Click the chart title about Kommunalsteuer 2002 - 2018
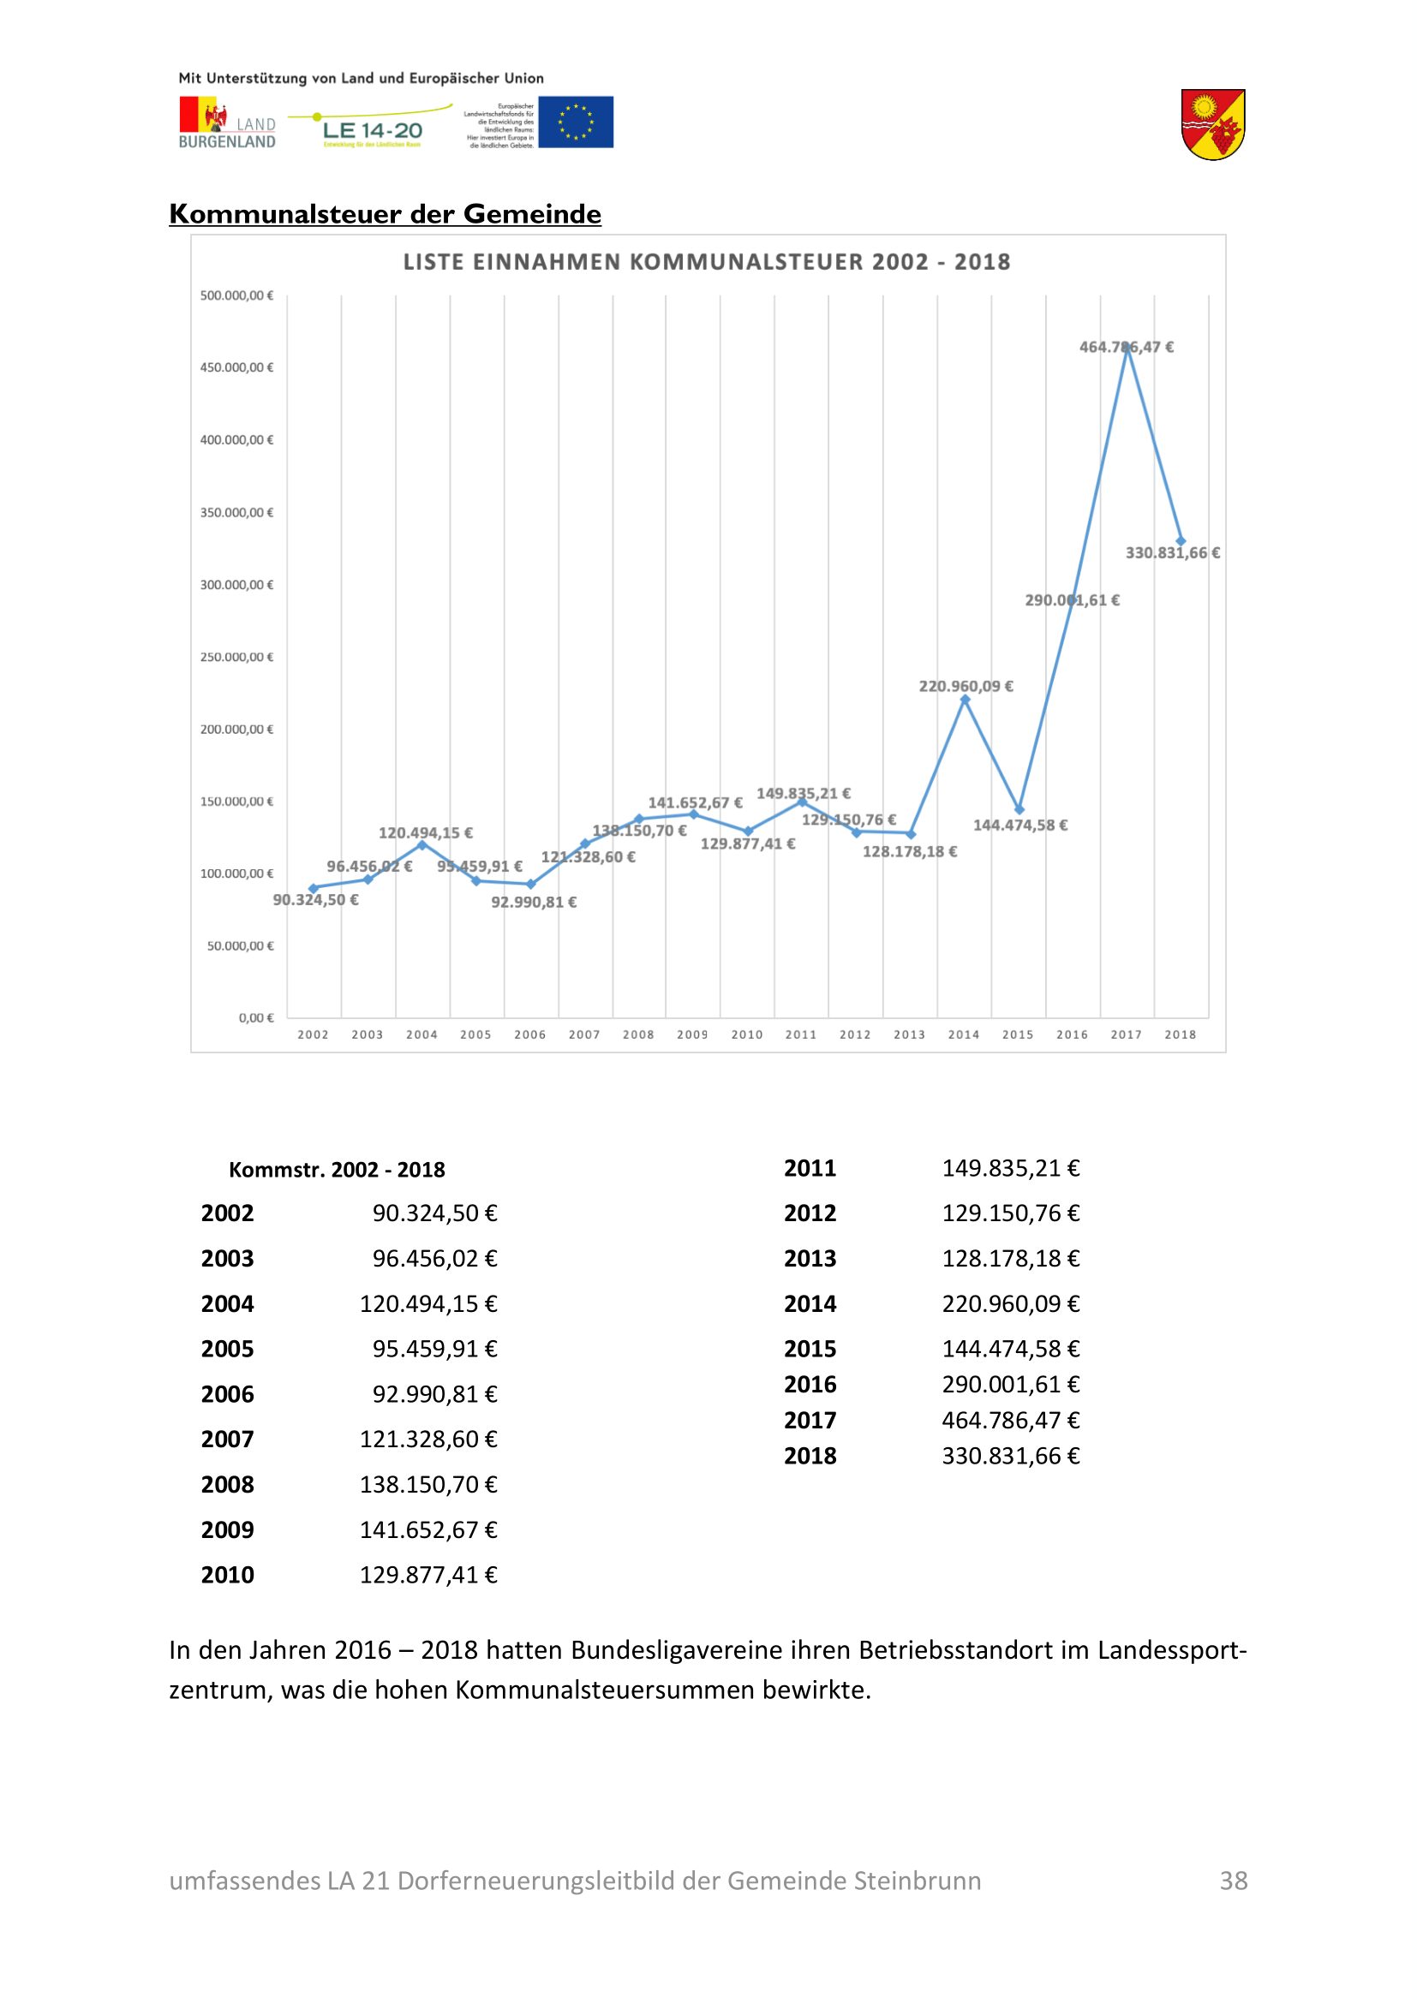pyautogui.click(x=706, y=262)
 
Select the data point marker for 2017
pyautogui.click(x=1127, y=347)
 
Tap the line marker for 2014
pyautogui.click(x=964, y=700)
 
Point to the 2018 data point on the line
pyautogui.click(x=1181, y=541)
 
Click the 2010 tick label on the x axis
pyautogui.click(x=747, y=1034)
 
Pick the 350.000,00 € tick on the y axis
pyautogui.click(x=236, y=512)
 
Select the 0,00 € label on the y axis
pyautogui.click(x=255, y=1017)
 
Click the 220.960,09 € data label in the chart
pyautogui.click(x=966, y=686)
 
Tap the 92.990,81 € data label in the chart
pyautogui.click(x=533, y=902)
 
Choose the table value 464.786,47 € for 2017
pyautogui.click(x=1010, y=1420)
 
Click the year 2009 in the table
pyautogui.click(x=227, y=1529)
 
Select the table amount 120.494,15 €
pyautogui.click(x=428, y=1303)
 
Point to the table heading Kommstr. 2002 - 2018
pyautogui.click(x=337, y=1170)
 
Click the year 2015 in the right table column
pyautogui.click(x=810, y=1349)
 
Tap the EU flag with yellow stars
pyautogui.click(x=575, y=122)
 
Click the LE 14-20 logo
pyautogui.click(x=372, y=128)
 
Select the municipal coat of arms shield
pyautogui.click(x=1213, y=125)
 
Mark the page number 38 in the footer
pyautogui.click(x=1233, y=1880)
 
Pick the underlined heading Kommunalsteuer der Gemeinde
pyautogui.click(x=385, y=214)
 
